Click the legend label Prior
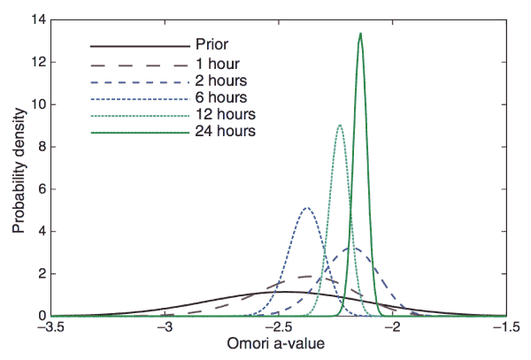pos(212,43)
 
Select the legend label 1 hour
pos(217,64)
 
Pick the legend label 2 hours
pos(220,80)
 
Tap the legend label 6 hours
pos(220,97)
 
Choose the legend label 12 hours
pos(224,114)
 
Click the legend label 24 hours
pos(224,132)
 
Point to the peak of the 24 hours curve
pos(360,34)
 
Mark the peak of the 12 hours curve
pos(340,125)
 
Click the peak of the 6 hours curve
pos(307,208)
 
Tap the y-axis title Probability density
pos(19,167)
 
